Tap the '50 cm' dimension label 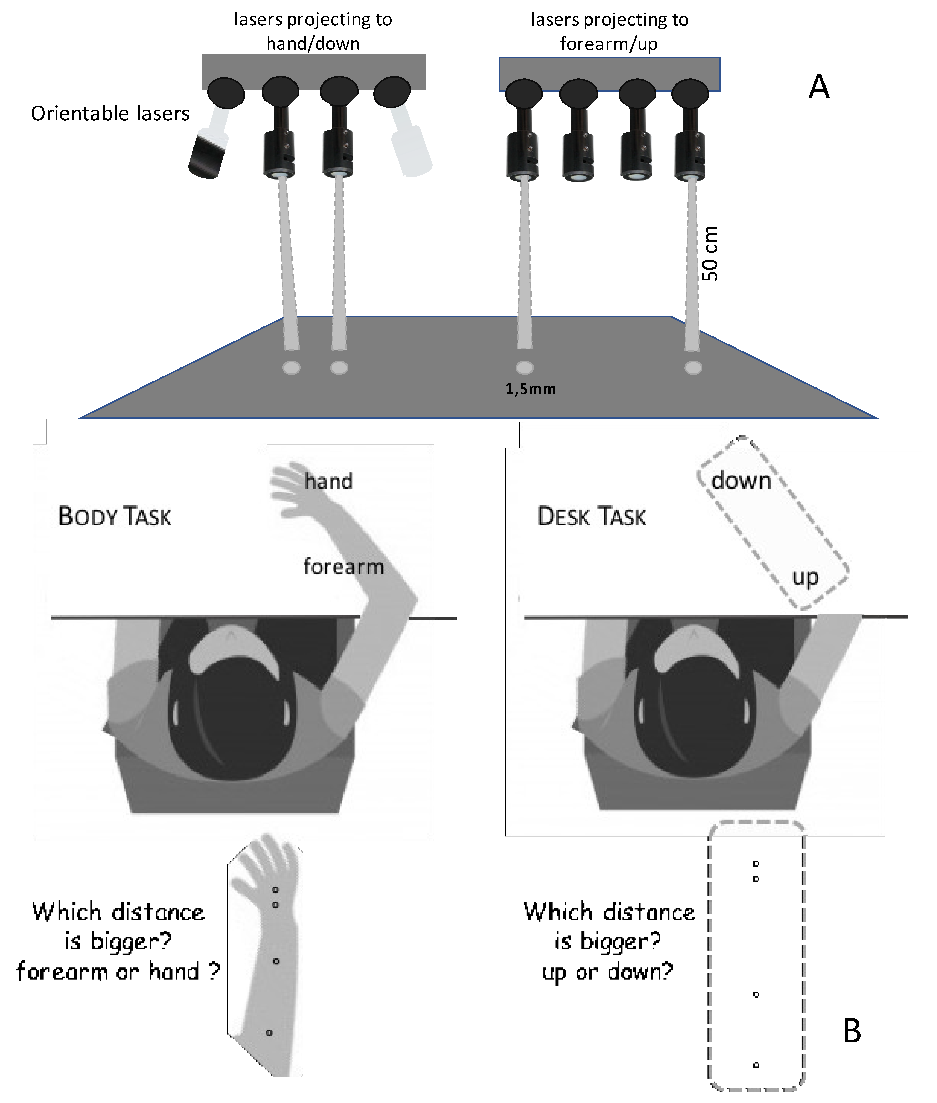click(x=710, y=254)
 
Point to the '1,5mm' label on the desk click(x=530, y=389)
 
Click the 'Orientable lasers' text click(x=110, y=113)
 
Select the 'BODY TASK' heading click(x=115, y=516)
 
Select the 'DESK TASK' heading click(x=592, y=516)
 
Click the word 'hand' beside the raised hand click(x=328, y=481)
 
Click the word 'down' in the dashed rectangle click(x=741, y=481)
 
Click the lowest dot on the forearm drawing click(x=269, y=1032)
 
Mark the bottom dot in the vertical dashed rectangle click(x=756, y=1064)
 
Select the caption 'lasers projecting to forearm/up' click(x=609, y=31)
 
